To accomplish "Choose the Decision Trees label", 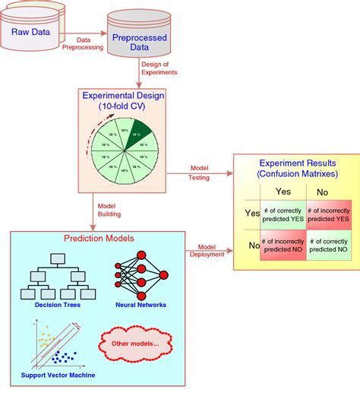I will (56, 305).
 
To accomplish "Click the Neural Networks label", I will (141, 305).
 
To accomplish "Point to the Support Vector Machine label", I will (55, 375).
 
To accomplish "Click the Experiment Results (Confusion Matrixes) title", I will (296, 169).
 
